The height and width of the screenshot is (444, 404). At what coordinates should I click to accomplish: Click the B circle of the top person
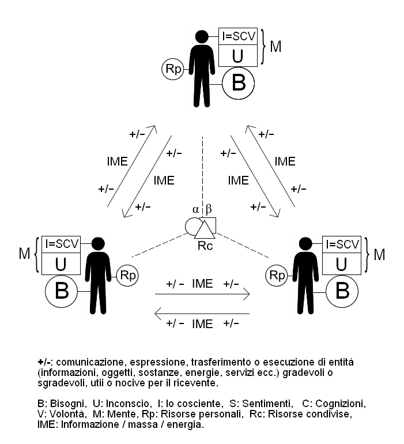tap(238, 84)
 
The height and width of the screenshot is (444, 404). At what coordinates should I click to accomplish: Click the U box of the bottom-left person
tap(60, 265)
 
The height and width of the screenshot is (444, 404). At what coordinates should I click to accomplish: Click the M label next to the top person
tap(275, 46)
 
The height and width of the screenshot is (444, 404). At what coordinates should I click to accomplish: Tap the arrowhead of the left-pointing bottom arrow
tap(157, 314)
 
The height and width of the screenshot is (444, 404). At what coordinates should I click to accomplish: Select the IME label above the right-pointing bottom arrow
tap(202, 284)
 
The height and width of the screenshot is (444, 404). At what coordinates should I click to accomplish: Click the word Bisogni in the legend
tap(65, 401)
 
